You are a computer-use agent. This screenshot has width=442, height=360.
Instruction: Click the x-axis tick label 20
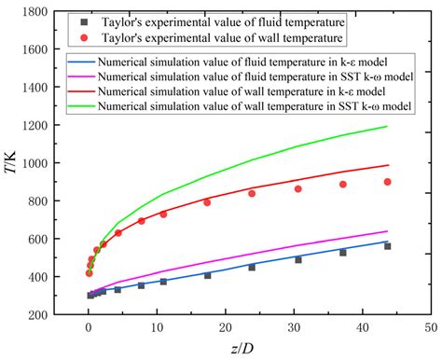225,328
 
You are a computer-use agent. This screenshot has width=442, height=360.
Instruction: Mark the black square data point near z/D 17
207,275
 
